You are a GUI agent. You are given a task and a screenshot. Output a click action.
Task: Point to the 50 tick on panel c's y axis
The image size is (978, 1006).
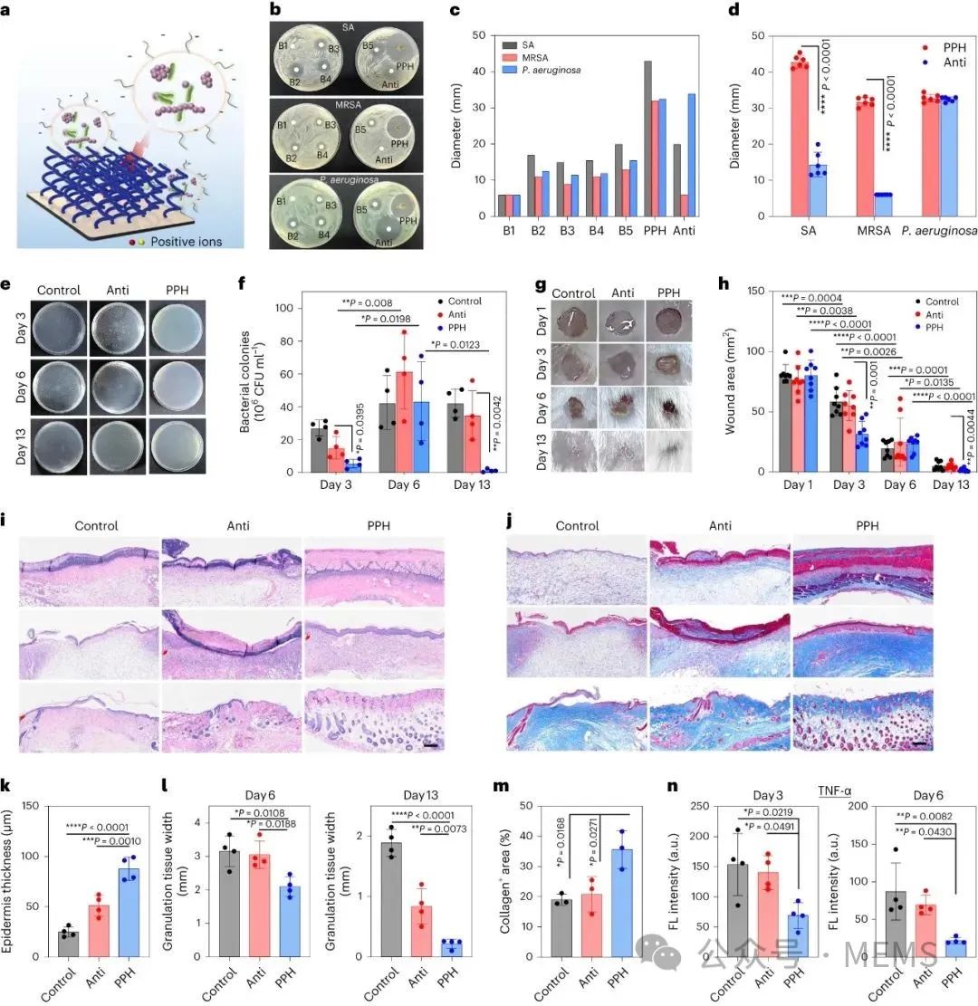pyautogui.click(x=481, y=35)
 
